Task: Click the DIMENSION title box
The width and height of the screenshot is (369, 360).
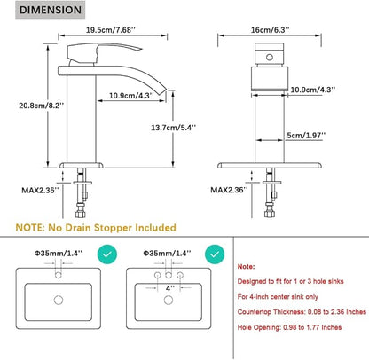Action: [x=51, y=10]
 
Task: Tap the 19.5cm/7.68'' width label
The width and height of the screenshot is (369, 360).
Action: [x=111, y=30]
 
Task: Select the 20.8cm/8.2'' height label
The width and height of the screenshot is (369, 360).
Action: [x=42, y=106]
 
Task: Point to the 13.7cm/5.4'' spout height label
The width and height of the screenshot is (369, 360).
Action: [x=174, y=128]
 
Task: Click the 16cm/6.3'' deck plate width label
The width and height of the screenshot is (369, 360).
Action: [x=271, y=30]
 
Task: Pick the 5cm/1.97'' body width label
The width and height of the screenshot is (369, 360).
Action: [x=306, y=136]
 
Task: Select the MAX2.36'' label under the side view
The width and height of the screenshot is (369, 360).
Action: [x=40, y=190]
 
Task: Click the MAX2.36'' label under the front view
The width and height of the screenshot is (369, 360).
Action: [x=229, y=190]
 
